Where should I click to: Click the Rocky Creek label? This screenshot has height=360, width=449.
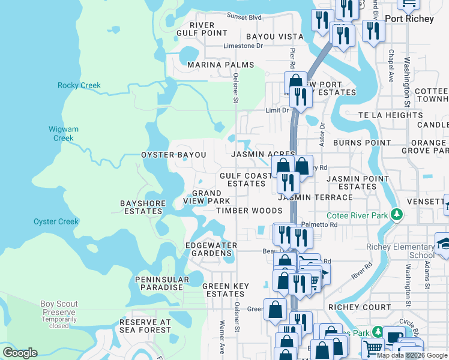(79, 85)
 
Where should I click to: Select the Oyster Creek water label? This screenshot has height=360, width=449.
(56, 221)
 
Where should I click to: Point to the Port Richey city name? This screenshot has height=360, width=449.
(409, 19)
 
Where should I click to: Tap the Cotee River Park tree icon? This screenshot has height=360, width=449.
(396, 215)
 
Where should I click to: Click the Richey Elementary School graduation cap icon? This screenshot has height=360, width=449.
(444, 243)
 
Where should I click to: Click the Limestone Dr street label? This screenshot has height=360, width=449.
(243, 46)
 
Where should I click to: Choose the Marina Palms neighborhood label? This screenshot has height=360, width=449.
(220, 65)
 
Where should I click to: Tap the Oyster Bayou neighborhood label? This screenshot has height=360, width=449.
(173, 155)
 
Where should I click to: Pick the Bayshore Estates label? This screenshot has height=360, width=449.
(143, 208)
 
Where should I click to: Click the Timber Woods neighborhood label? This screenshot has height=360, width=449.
(249, 211)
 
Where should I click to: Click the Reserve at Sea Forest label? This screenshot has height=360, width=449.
(145, 326)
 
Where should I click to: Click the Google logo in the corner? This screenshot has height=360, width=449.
(20, 353)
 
